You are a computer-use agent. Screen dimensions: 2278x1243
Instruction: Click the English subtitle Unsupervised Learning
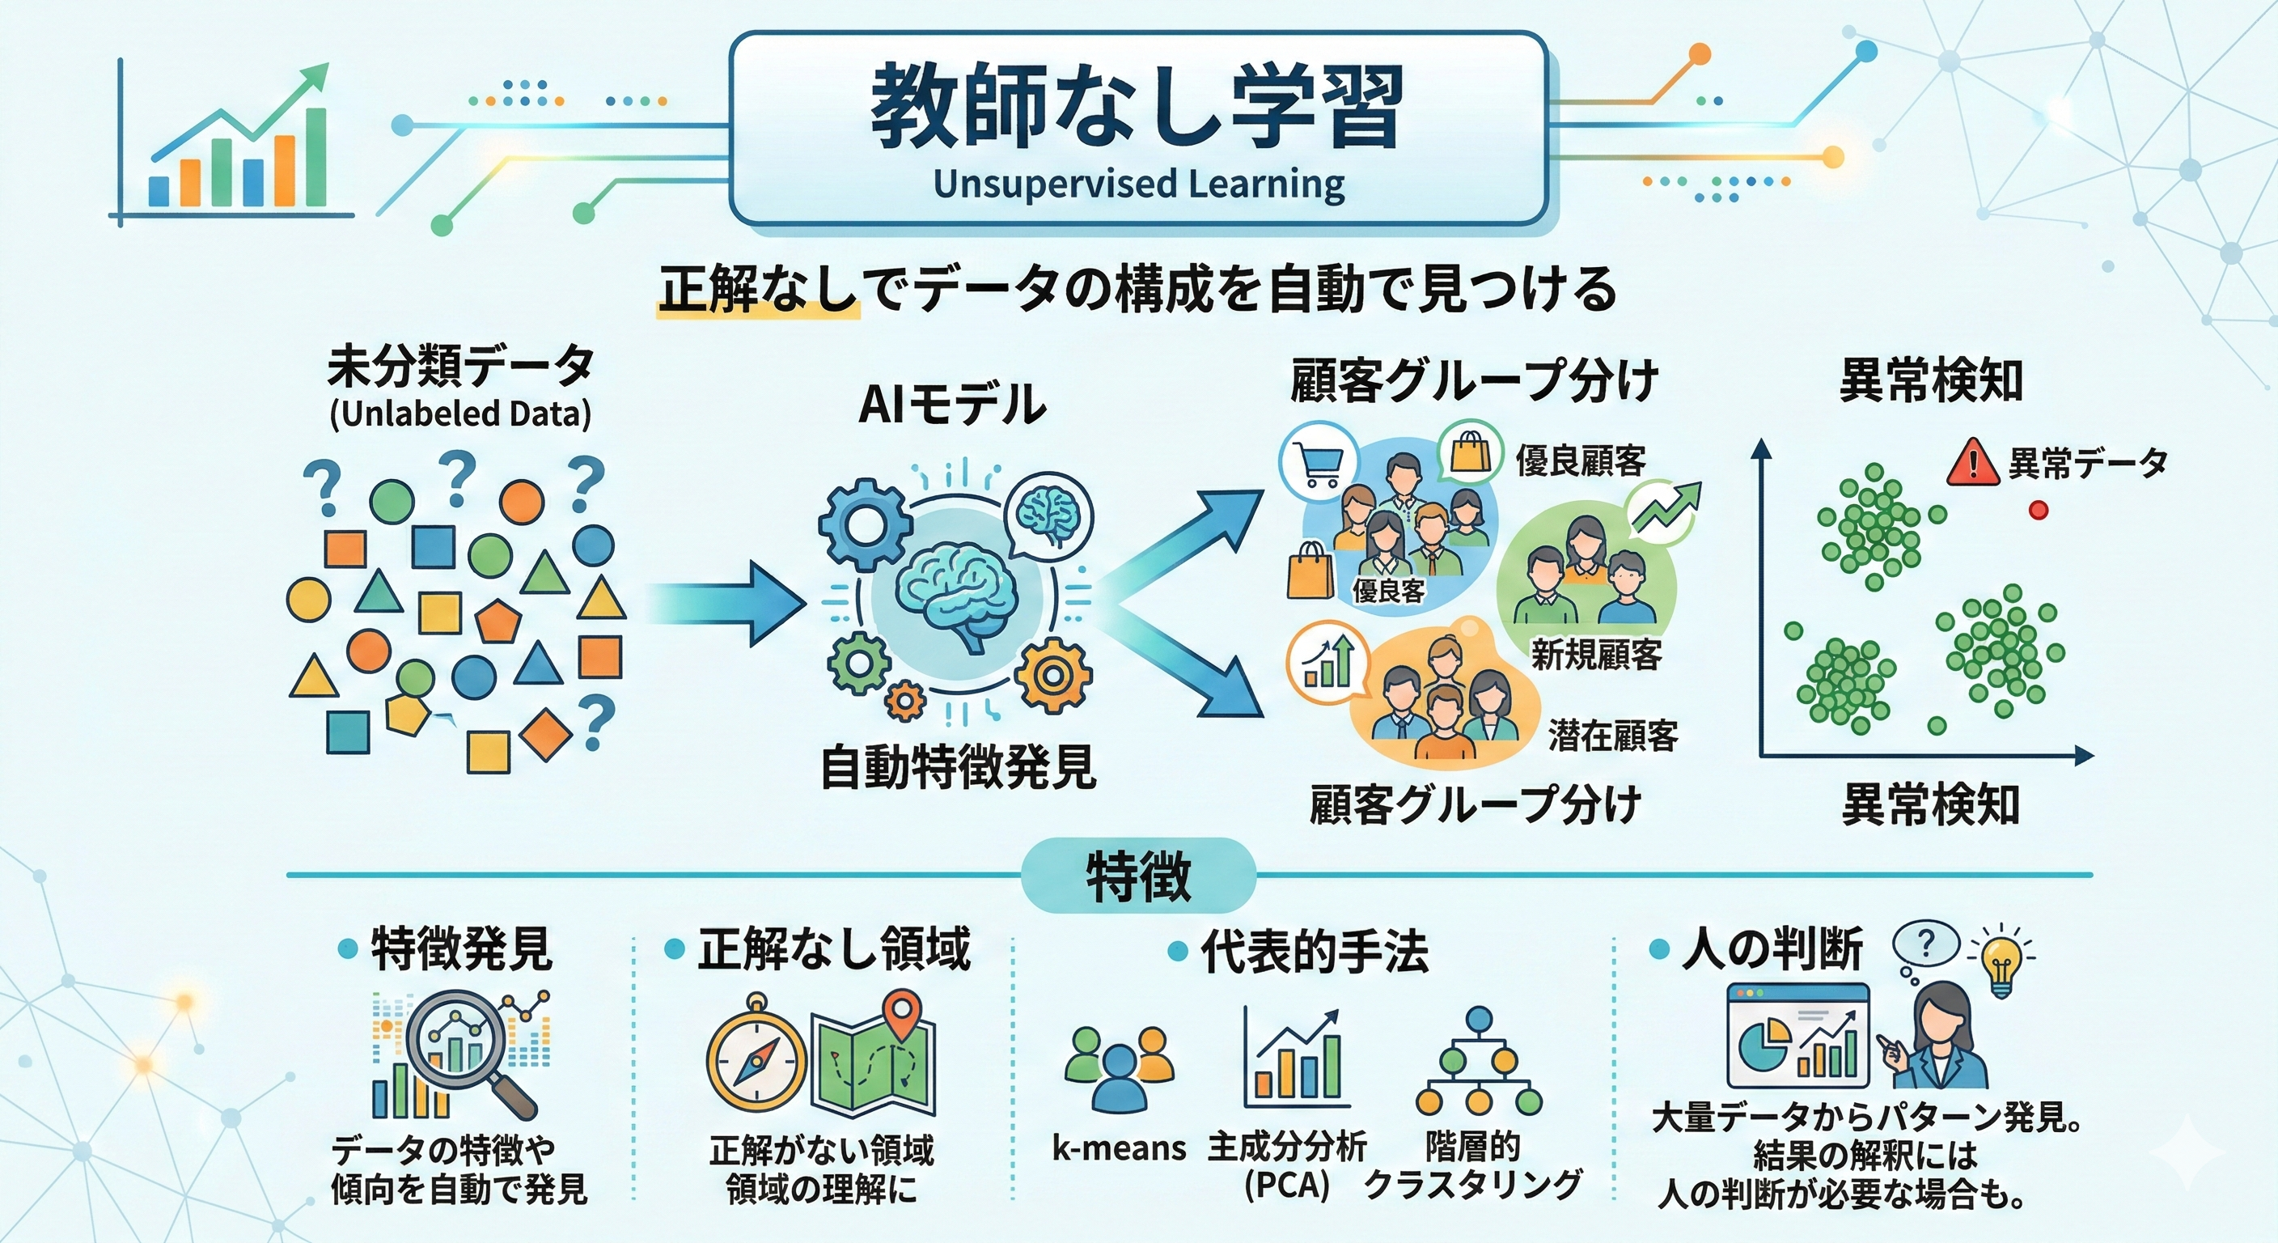1138,185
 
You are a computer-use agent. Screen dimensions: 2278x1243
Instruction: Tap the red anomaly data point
2039,510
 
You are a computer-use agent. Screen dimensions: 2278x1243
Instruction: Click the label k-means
1119,1148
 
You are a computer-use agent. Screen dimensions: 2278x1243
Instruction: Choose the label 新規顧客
1597,655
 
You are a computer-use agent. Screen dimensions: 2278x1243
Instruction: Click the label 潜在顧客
1613,736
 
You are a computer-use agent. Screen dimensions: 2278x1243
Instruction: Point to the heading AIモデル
951,405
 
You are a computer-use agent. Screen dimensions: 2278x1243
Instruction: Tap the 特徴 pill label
1138,876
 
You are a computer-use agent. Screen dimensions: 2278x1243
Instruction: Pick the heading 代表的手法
1314,952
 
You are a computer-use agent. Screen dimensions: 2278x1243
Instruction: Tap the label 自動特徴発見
959,767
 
